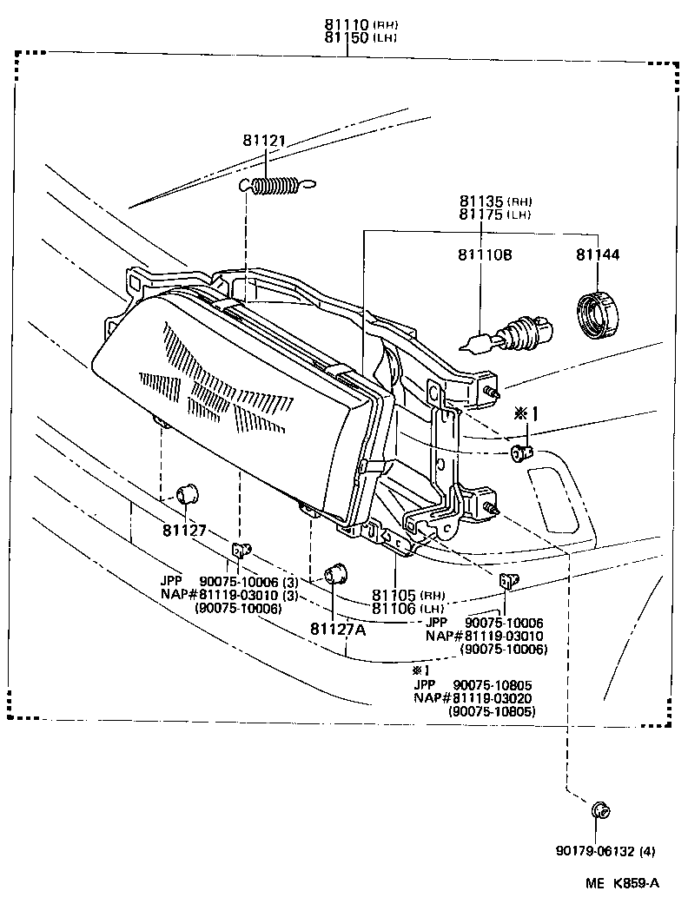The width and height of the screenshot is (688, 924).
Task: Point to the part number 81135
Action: point(481,201)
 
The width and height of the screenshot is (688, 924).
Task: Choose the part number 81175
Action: point(481,214)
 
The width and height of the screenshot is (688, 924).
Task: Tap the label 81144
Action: point(597,256)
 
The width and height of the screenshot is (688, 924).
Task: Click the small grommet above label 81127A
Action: point(334,574)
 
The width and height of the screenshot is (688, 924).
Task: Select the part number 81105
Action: point(395,596)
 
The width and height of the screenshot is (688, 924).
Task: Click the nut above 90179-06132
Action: point(599,811)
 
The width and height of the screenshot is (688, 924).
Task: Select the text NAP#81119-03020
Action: point(473,697)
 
